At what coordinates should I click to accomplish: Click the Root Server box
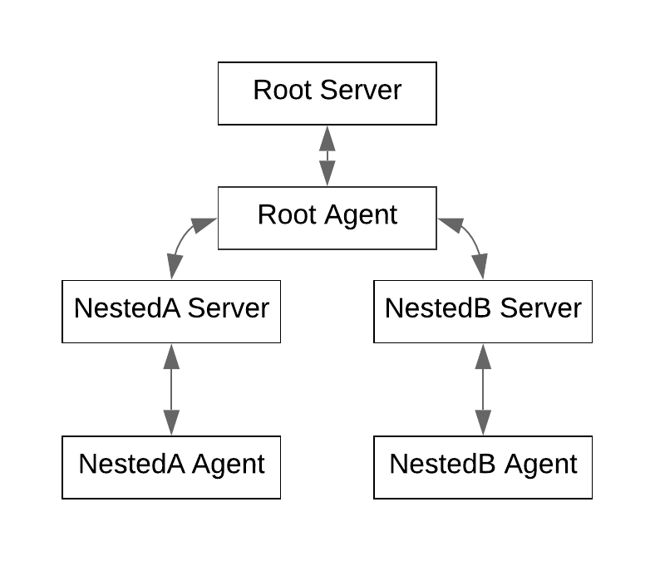click(327, 93)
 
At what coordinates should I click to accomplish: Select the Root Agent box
click(327, 218)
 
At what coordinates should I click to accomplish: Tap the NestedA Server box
click(171, 311)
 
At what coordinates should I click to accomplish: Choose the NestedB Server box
click(483, 311)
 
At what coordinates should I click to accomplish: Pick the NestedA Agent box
click(171, 467)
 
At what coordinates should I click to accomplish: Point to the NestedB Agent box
click(483, 467)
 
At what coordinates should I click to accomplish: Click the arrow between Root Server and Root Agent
click(327, 155)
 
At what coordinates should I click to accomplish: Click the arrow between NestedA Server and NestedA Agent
click(171, 389)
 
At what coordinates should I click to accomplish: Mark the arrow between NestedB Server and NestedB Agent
click(483, 389)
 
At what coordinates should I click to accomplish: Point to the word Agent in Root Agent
click(361, 215)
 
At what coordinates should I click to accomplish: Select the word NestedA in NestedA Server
click(127, 308)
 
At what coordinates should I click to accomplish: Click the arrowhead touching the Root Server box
click(327, 137)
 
